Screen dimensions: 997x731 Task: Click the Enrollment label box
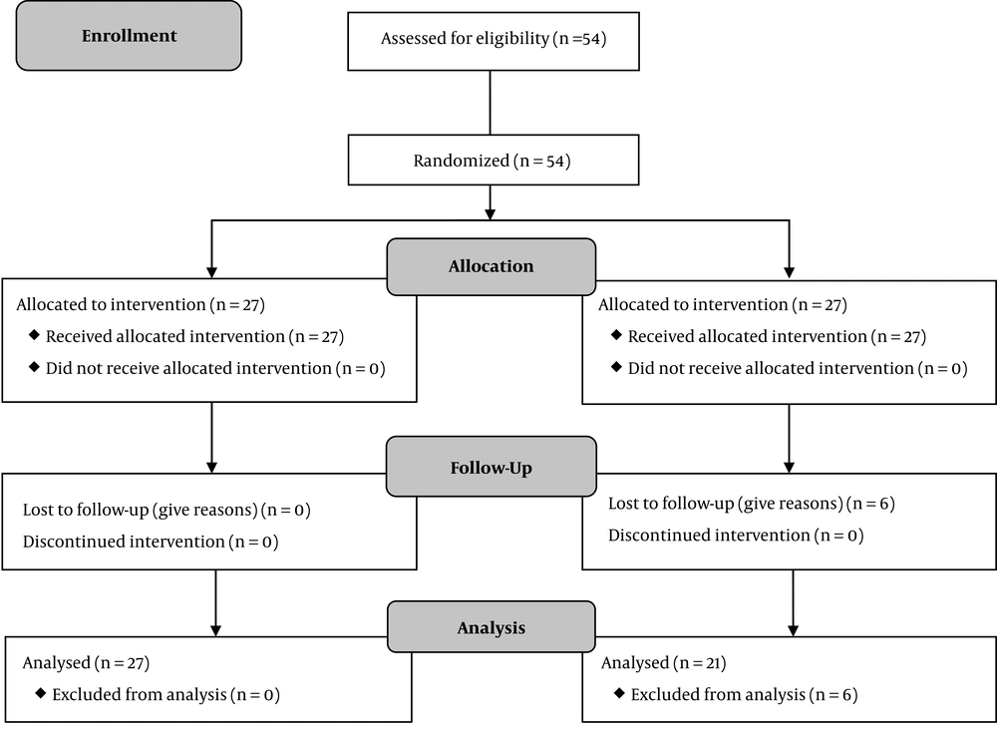(x=129, y=36)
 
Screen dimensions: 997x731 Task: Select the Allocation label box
(x=491, y=266)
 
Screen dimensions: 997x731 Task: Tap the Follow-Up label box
(x=491, y=467)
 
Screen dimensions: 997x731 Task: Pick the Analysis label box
(x=491, y=627)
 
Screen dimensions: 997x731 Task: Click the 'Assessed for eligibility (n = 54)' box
(x=494, y=41)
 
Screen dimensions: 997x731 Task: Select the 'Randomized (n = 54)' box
(x=494, y=160)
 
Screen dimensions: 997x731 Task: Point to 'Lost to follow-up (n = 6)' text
(x=752, y=504)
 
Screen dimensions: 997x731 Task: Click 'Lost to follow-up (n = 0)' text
(x=166, y=511)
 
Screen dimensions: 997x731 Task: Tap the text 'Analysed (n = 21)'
(x=664, y=663)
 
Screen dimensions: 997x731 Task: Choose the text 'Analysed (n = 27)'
(x=86, y=663)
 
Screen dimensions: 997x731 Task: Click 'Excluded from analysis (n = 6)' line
(x=737, y=695)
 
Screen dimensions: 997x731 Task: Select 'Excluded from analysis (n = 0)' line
(x=158, y=695)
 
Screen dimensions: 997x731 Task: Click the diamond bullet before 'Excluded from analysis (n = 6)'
(x=619, y=693)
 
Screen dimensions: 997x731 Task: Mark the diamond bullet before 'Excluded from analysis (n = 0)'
(x=41, y=693)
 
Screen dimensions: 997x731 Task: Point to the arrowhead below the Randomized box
(x=491, y=213)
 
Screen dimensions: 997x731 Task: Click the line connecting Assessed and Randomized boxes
(x=491, y=103)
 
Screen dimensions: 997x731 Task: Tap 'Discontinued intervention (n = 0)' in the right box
(x=736, y=536)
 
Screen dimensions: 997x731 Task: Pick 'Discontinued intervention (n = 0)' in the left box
(x=151, y=543)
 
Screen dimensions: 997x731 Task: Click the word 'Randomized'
(x=461, y=161)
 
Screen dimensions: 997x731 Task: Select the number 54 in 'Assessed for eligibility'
(x=590, y=39)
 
